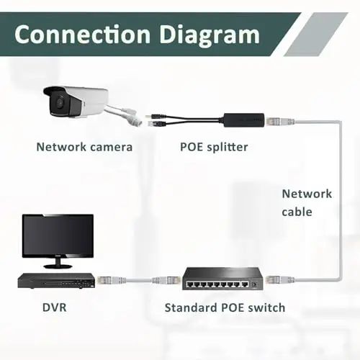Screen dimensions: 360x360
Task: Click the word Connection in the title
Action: (83, 35)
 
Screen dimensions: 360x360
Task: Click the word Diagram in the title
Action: (210, 35)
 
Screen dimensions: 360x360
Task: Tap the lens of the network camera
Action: (60, 103)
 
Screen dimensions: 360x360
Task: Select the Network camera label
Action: (84, 147)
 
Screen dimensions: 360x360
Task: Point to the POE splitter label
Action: (214, 147)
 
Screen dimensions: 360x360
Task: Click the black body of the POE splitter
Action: (244, 120)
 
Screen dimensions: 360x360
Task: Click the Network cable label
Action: (307, 203)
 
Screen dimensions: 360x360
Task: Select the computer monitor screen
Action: (58, 236)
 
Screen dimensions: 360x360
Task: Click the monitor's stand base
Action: (58, 266)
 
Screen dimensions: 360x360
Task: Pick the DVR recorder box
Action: (56, 281)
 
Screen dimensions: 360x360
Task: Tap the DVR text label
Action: (54, 307)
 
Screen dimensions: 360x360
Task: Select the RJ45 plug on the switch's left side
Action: (166, 280)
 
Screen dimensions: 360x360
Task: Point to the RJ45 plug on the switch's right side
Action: (280, 279)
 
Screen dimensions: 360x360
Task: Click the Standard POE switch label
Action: (225, 307)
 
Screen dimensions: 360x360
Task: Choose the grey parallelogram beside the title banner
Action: (316, 35)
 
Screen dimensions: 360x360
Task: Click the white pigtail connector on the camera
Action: (130, 117)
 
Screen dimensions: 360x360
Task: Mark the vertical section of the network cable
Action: (340, 200)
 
